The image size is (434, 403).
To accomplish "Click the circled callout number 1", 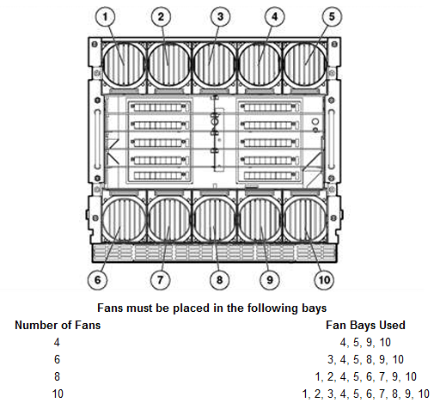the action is (105, 16).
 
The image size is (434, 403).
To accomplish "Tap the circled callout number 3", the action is (220, 16).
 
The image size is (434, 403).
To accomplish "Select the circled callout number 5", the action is (332, 16).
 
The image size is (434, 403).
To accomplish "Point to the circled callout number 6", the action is (98, 279).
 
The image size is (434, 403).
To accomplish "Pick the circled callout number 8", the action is (219, 279).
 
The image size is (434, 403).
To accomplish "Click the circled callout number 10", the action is (324, 279).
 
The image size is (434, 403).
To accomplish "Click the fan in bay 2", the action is (169, 64).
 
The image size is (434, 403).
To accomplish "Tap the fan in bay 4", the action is (260, 64).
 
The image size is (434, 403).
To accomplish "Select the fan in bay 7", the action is (169, 220).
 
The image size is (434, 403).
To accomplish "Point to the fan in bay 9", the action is (260, 220).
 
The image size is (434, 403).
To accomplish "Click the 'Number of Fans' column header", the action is (58, 325).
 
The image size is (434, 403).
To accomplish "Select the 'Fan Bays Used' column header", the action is (365, 325).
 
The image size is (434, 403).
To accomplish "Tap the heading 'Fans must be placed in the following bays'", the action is (212, 308).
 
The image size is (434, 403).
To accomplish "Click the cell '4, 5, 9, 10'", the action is (365, 342).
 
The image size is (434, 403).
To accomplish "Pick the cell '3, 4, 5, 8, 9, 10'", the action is (365, 359).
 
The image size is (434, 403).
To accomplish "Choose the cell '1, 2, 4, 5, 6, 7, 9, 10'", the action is (365, 376).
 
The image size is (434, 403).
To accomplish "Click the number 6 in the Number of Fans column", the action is (57, 359).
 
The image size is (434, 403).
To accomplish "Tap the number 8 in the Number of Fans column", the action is (57, 376).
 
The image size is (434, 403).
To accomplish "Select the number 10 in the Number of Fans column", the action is (58, 394).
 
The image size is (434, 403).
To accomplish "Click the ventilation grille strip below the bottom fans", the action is (214, 253).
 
